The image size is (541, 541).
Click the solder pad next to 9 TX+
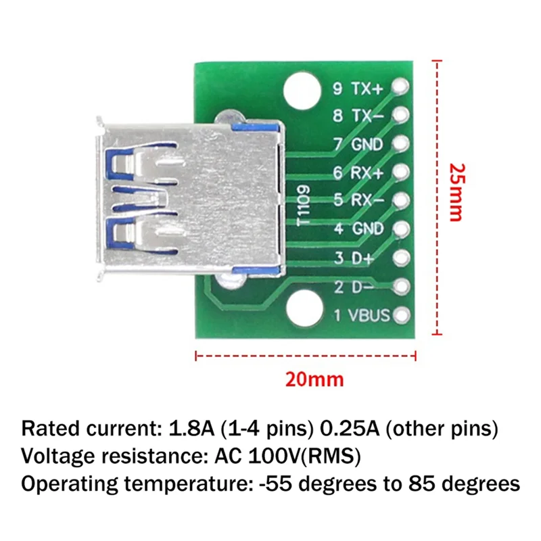(401, 87)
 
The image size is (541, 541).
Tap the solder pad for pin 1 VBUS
(401, 315)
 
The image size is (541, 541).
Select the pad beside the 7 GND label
(401, 143)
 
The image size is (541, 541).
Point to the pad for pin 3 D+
(401, 258)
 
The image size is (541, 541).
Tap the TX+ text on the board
(367, 88)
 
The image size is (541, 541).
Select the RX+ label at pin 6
(367, 172)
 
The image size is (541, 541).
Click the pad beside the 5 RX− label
(401, 201)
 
